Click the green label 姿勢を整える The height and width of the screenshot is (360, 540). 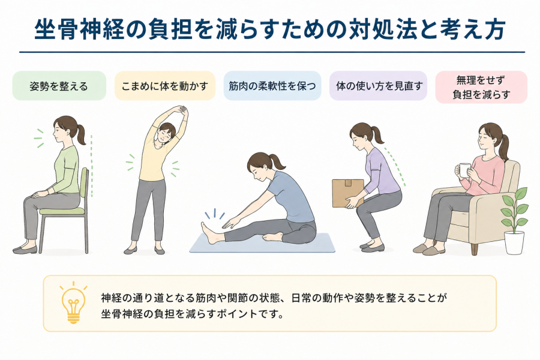click(x=59, y=86)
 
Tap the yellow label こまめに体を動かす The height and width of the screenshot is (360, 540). click(x=164, y=86)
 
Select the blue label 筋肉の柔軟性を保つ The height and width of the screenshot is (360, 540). click(x=272, y=86)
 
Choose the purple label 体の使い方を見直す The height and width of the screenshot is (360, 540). click(x=378, y=86)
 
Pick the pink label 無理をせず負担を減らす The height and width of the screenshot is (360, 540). click(x=481, y=87)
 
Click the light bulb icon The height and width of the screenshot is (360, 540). click(x=73, y=303)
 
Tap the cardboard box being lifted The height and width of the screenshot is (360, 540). click(x=348, y=193)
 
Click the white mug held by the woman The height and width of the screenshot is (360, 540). click(x=464, y=170)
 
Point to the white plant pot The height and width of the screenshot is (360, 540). click(x=514, y=242)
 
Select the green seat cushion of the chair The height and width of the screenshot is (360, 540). click(x=62, y=209)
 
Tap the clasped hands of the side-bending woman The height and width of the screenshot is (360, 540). click(x=182, y=111)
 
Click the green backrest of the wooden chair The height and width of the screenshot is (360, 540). click(x=83, y=182)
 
